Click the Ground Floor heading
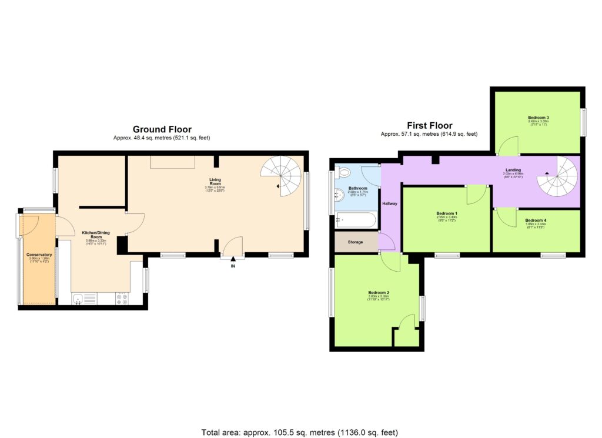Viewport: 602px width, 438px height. pos(162,129)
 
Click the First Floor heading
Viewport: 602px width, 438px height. pos(430,125)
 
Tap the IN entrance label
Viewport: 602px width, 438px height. pos(233,266)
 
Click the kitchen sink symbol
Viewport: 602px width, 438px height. pos(79,299)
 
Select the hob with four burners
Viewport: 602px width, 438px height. pos(122,299)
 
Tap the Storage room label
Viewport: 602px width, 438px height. pos(355,242)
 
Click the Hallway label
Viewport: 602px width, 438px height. pos(390,204)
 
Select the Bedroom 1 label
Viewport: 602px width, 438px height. pos(447,213)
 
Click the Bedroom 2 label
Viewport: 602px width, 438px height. pos(379,292)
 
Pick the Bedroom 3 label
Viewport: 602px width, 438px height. pos(538,118)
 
